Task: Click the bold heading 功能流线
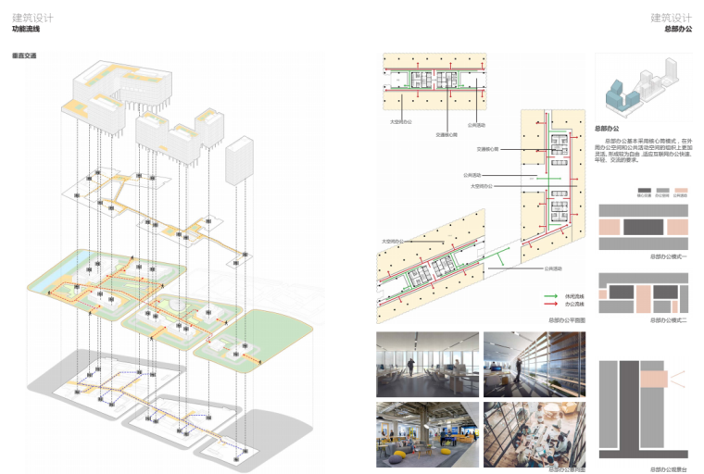point(25,30)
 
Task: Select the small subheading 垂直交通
point(24,56)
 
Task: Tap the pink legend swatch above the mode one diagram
point(681,190)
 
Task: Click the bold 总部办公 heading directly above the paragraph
point(606,128)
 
